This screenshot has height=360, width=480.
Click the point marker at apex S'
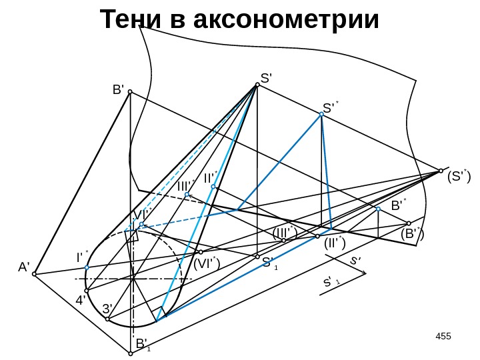pos(257,85)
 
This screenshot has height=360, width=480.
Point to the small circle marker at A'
pos(35,273)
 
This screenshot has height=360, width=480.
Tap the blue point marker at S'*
pos(321,115)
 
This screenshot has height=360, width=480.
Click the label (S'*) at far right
pos(458,177)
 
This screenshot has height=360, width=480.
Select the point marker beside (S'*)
pos(441,170)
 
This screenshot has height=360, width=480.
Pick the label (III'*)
pos(285,232)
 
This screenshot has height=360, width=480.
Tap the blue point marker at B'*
pos(378,209)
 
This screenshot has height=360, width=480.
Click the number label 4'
pos(83,300)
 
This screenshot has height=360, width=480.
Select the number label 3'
pos(108,309)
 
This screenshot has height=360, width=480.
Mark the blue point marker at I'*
pos(87,268)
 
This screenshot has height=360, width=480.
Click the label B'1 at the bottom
pos(143,344)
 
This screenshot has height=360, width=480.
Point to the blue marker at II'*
pos(213,187)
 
